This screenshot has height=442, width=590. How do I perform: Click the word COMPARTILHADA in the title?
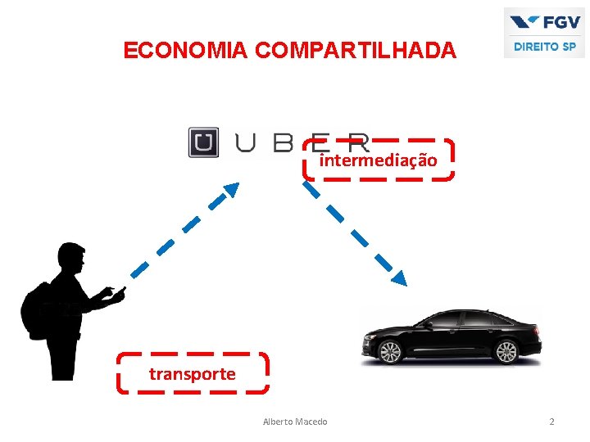356,51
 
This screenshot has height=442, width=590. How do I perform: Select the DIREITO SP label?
545,47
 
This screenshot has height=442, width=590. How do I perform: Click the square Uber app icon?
203,142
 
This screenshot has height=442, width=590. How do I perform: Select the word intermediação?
378,160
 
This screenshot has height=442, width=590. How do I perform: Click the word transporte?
193,374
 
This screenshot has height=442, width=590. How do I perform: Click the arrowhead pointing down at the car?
398,278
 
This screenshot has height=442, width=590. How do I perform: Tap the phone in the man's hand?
121,290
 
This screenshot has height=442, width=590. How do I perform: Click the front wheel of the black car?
391,352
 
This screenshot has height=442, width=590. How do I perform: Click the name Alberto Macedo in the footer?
295,422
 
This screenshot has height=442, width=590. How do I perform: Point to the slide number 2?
551,422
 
